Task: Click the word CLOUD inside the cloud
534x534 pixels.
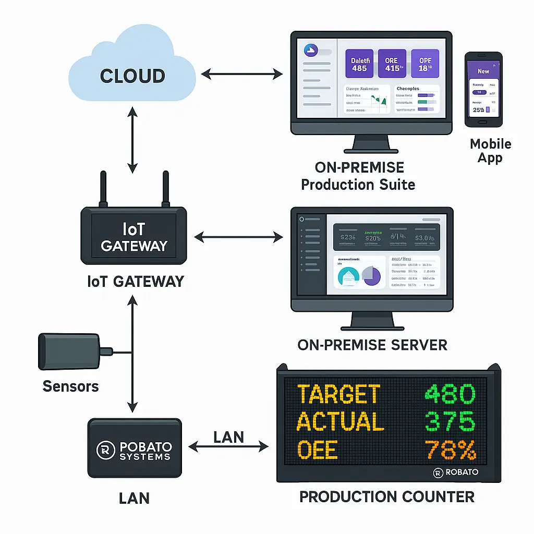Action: pyautogui.click(x=132, y=76)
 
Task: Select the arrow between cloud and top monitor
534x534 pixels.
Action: pyautogui.click(x=241, y=75)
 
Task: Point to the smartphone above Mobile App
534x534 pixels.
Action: pyautogui.click(x=483, y=89)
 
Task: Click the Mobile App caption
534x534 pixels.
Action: pyautogui.click(x=490, y=151)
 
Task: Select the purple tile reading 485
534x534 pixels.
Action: pyautogui.click(x=359, y=64)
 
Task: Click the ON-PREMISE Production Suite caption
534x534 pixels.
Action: pyautogui.click(x=359, y=176)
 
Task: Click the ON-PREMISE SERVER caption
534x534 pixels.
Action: pyautogui.click(x=372, y=345)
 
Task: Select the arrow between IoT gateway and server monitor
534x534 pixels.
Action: pyautogui.click(x=238, y=238)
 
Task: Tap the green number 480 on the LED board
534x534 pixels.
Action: pyautogui.click(x=450, y=394)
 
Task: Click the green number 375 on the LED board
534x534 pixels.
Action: pyautogui.click(x=450, y=421)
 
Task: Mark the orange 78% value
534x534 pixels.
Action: pyautogui.click(x=450, y=450)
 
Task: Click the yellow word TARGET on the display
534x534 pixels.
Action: pyautogui.click(x=338, y=394)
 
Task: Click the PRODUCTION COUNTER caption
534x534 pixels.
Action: pyautogui.click(x=387, y=496)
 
